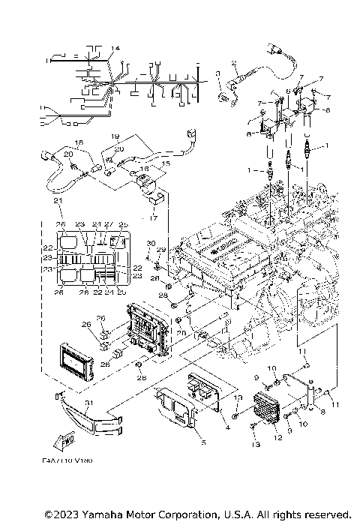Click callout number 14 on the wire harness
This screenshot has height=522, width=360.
click(115, 49)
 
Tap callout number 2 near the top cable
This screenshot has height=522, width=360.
click(234, 63)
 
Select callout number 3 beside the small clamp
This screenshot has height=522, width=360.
click(217, 75)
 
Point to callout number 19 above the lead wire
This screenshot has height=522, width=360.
click(115, 136)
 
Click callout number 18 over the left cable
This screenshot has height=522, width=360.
click(79, 141)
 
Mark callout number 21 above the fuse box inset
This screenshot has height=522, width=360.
click(55, 202)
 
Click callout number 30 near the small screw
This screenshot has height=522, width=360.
click(150, 243)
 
